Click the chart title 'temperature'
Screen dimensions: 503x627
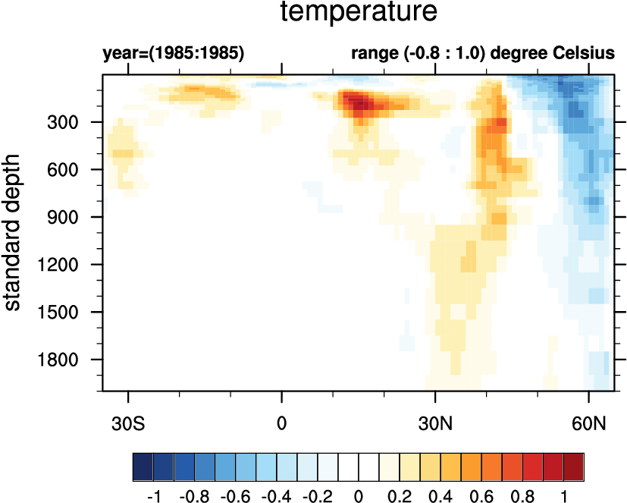tap(359, 13)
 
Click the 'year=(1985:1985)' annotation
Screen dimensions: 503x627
tap(173, 55)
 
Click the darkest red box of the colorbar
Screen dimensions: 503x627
tap(574, 464)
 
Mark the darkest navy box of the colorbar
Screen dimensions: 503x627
tap(143, 464)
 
